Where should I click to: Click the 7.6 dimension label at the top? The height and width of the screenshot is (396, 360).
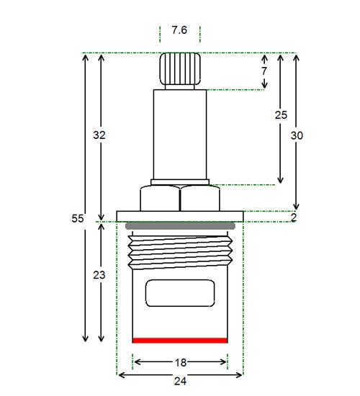[179, 30]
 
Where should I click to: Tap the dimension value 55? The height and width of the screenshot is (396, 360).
[77, 218]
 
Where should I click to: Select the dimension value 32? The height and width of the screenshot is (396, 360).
[99, 135]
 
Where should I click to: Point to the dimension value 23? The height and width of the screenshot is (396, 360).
[99, 275]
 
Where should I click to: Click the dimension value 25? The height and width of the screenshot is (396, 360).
[281, 115]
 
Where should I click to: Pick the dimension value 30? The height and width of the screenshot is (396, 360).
[297, 135]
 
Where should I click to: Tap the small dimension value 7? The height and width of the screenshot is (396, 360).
[264, 71]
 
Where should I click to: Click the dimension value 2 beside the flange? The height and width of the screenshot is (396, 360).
[294, 217]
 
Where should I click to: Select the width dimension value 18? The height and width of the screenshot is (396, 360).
[181, 363]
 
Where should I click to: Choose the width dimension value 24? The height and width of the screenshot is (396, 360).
[180, 381]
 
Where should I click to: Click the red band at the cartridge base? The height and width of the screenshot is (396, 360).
[180, 341]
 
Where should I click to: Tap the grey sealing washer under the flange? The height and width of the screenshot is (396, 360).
[180, 226]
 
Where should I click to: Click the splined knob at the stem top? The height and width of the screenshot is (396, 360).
[180, 68]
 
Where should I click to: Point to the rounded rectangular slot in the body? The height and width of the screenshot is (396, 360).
[180, 293]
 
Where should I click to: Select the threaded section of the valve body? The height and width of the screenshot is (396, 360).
[180, 252]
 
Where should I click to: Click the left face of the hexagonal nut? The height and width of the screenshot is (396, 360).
[160, 198]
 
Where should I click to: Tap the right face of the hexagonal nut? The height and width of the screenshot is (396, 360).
[200, 198]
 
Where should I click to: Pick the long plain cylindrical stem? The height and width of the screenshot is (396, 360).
[180, 135]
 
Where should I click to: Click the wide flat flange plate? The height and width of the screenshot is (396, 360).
[180, 217]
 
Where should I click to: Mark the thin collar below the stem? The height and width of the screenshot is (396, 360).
[180, 182]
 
